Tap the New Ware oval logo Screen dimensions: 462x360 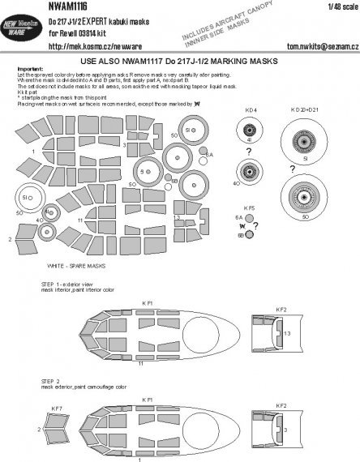point(23,25)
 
